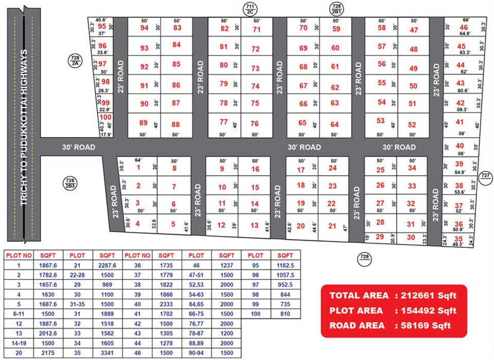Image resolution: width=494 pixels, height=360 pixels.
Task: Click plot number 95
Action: (x=102, y=26)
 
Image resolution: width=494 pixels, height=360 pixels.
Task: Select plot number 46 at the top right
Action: (x=464, y=28)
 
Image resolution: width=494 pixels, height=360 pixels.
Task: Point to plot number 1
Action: (x=138, y=167)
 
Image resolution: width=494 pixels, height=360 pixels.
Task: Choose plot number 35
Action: (x=458, y=239)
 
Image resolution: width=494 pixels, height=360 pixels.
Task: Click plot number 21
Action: (x=332, y=226)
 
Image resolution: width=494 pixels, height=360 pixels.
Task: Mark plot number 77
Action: (x=223, y=122)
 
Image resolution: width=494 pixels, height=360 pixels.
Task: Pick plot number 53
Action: (x=380, y=121)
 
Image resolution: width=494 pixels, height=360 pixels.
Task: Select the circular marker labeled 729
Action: (x=364, y=257)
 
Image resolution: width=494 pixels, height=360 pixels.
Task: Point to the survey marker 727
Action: (x=485, y=176)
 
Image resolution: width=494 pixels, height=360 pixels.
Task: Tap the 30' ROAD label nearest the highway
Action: (x=79, y=147)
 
